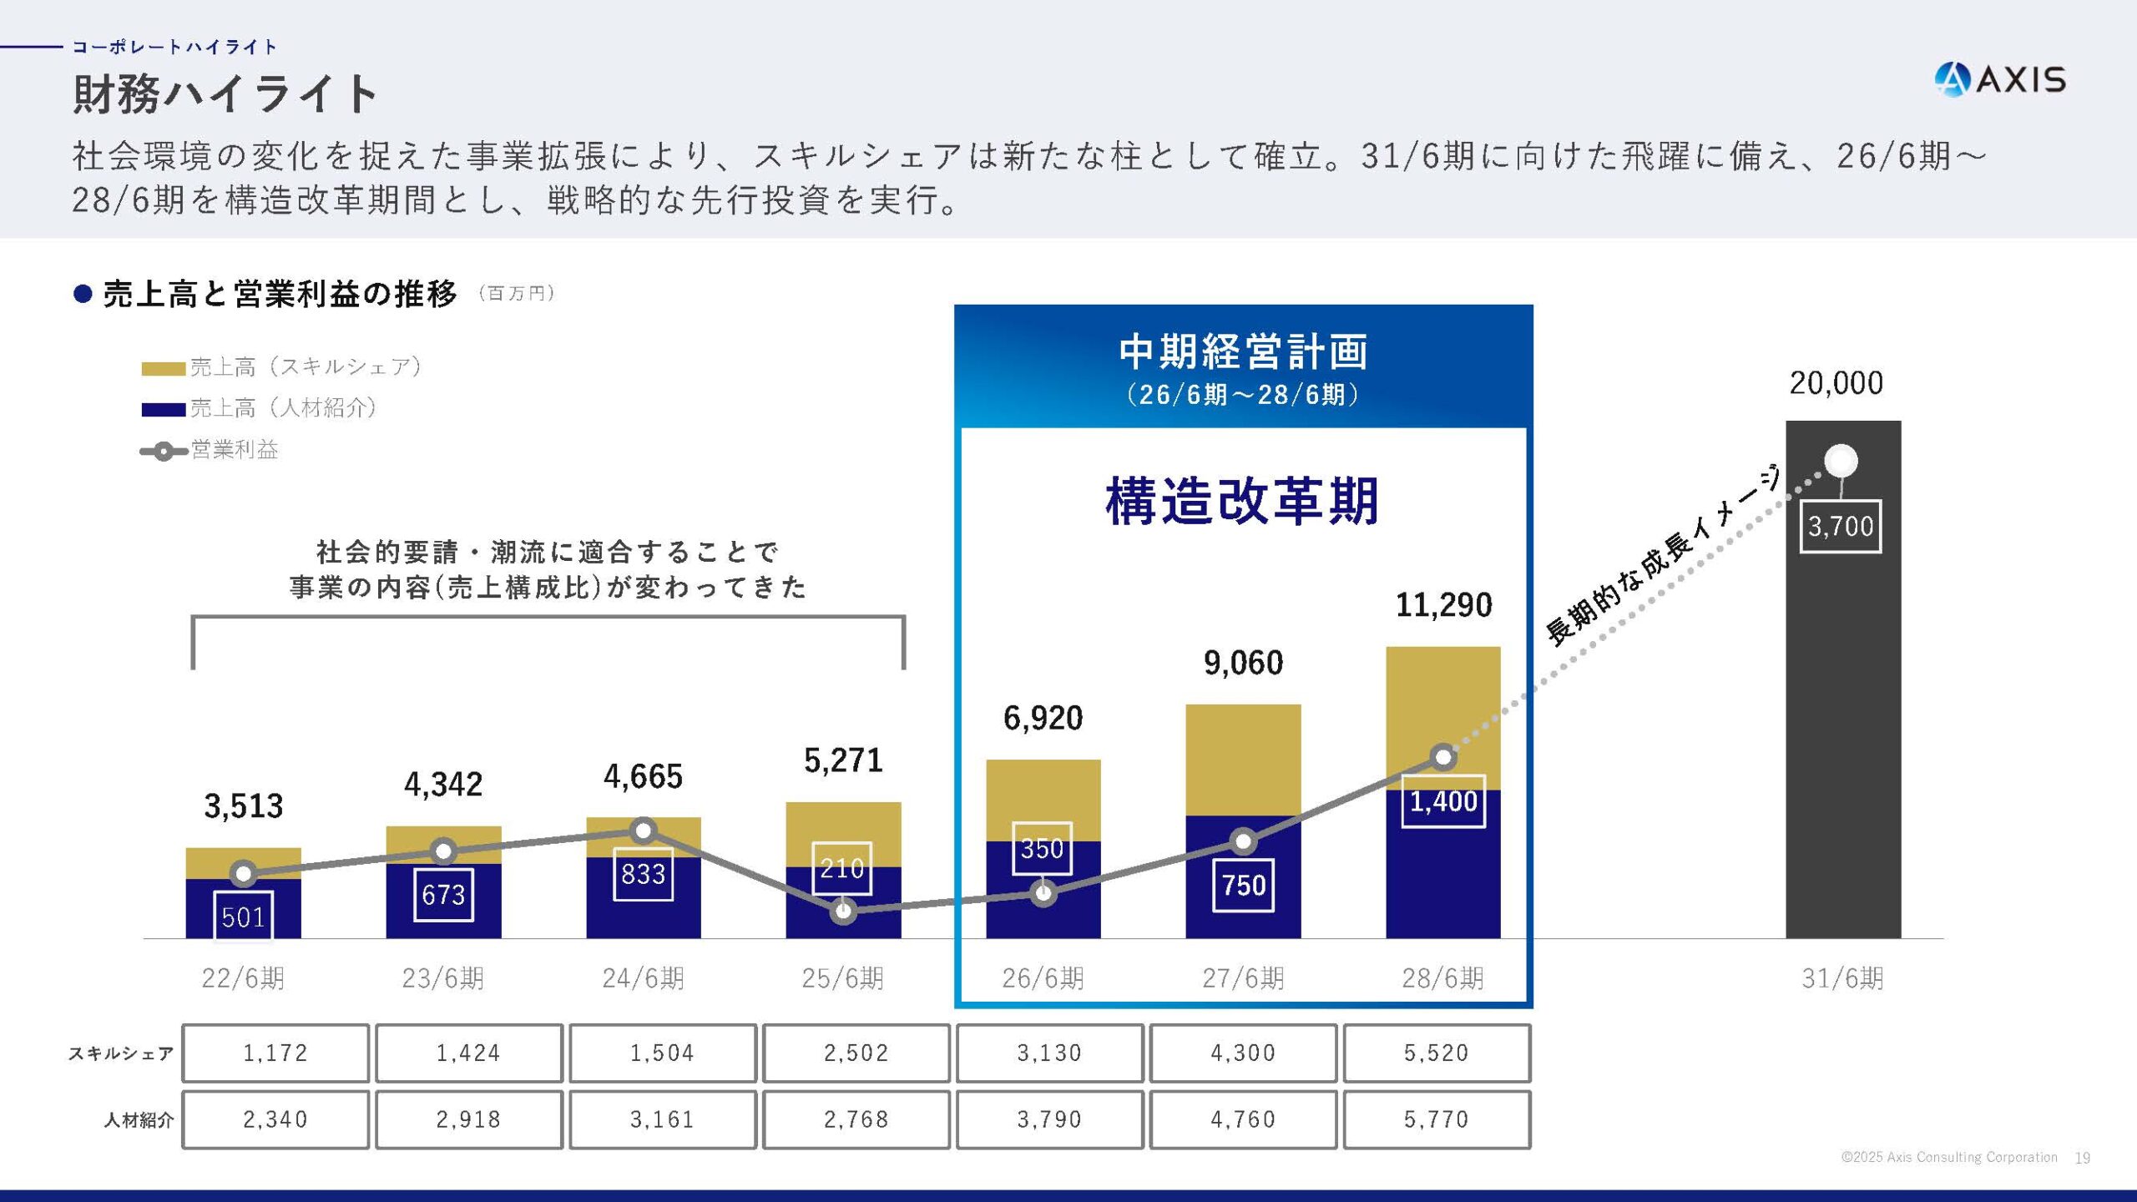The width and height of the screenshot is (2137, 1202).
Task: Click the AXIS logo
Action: pos(1999,80)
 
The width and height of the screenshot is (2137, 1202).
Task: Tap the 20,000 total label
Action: pos(1836,383)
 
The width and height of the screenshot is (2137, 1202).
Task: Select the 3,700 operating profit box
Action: pos(1840,526)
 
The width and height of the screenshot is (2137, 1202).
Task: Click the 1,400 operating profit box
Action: pos(1442,801)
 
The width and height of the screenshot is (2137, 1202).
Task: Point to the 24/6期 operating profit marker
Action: pos(643,831)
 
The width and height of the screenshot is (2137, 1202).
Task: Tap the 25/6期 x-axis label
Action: pos(842,977)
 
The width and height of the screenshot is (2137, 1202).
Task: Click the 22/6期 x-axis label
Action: pos(243,977)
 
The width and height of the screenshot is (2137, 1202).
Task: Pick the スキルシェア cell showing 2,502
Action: pos(856,1053)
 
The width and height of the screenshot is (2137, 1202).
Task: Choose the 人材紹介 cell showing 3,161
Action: pos(662,1119)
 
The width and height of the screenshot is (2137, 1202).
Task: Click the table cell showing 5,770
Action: pos(1436,1119)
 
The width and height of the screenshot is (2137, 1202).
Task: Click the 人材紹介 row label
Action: pos(138,1119)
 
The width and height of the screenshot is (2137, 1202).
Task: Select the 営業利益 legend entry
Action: pos(234,450)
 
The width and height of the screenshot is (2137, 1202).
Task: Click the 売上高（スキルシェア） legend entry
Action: pos(305,366)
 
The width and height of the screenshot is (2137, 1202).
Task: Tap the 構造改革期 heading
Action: pos(1241,501)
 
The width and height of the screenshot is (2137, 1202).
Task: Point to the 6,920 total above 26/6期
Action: pos(1043,718)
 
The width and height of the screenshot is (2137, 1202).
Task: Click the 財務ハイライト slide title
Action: pos(225,93)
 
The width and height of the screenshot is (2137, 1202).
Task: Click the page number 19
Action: pos(2082,1158)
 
